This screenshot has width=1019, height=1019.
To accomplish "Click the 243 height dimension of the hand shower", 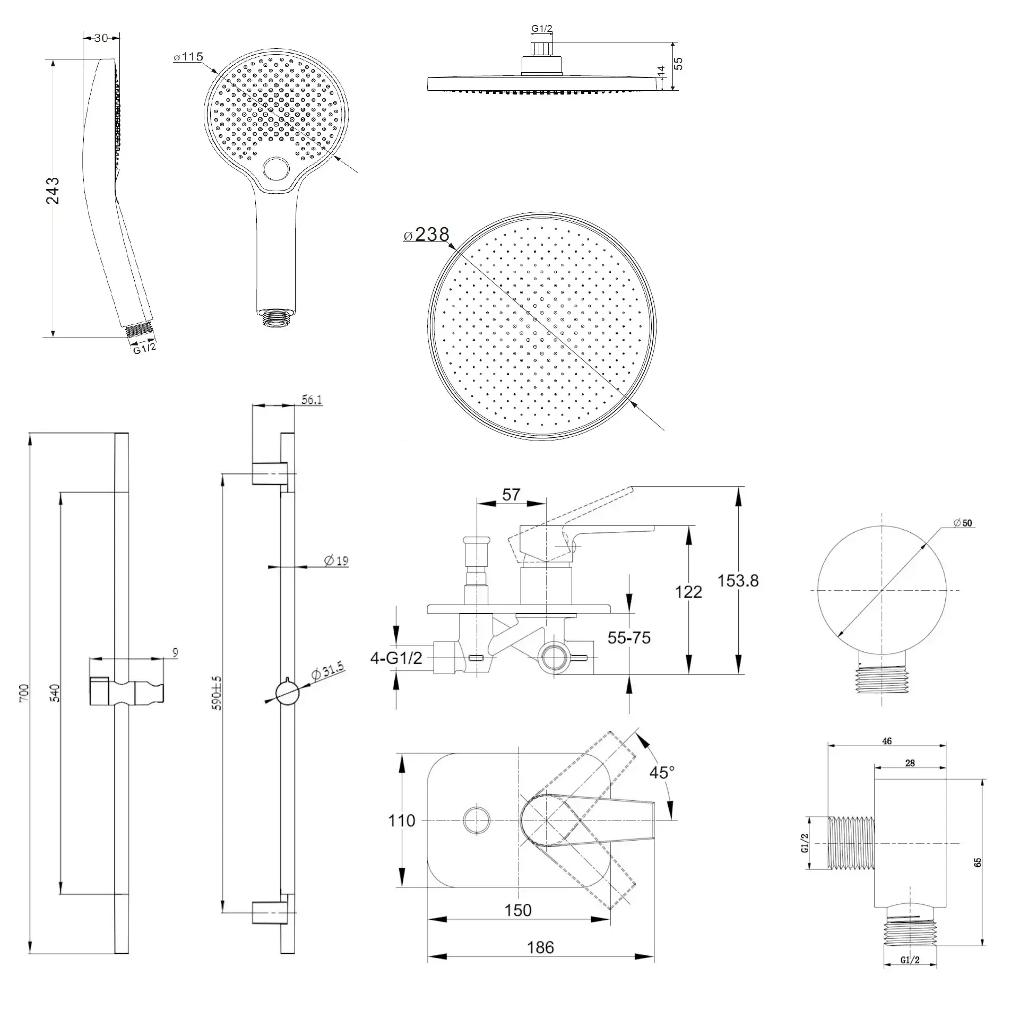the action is pos(53,191).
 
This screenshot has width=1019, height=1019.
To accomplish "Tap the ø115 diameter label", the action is pos(188,57).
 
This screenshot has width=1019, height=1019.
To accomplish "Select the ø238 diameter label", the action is pos(426,234).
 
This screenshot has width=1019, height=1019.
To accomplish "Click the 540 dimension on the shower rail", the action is pos(55,693).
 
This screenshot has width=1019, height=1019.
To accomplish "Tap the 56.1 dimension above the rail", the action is pos(312,400).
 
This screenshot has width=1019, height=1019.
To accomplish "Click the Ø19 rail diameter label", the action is pos(336,560).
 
